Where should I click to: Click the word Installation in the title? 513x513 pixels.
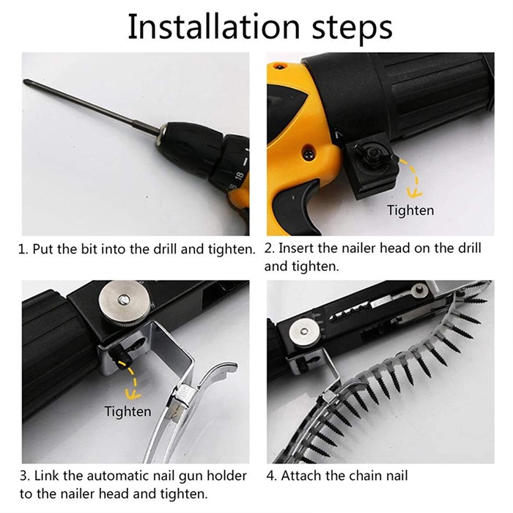tap(214, 27)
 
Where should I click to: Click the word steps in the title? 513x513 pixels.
tap(353, 30)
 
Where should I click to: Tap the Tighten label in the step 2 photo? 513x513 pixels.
tap(410, 210)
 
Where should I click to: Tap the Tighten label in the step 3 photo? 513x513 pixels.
tap(128, 411)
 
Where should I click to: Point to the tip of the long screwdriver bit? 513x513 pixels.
tap(25, 81)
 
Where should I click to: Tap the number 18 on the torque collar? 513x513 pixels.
tap(240, 176)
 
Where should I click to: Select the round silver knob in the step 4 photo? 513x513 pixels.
tap(304, 332)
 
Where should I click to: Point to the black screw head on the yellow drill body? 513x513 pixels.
tap(309, 152)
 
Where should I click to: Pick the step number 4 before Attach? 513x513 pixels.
tap(270, 476)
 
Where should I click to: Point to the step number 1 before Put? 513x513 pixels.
tap(21, 250)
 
